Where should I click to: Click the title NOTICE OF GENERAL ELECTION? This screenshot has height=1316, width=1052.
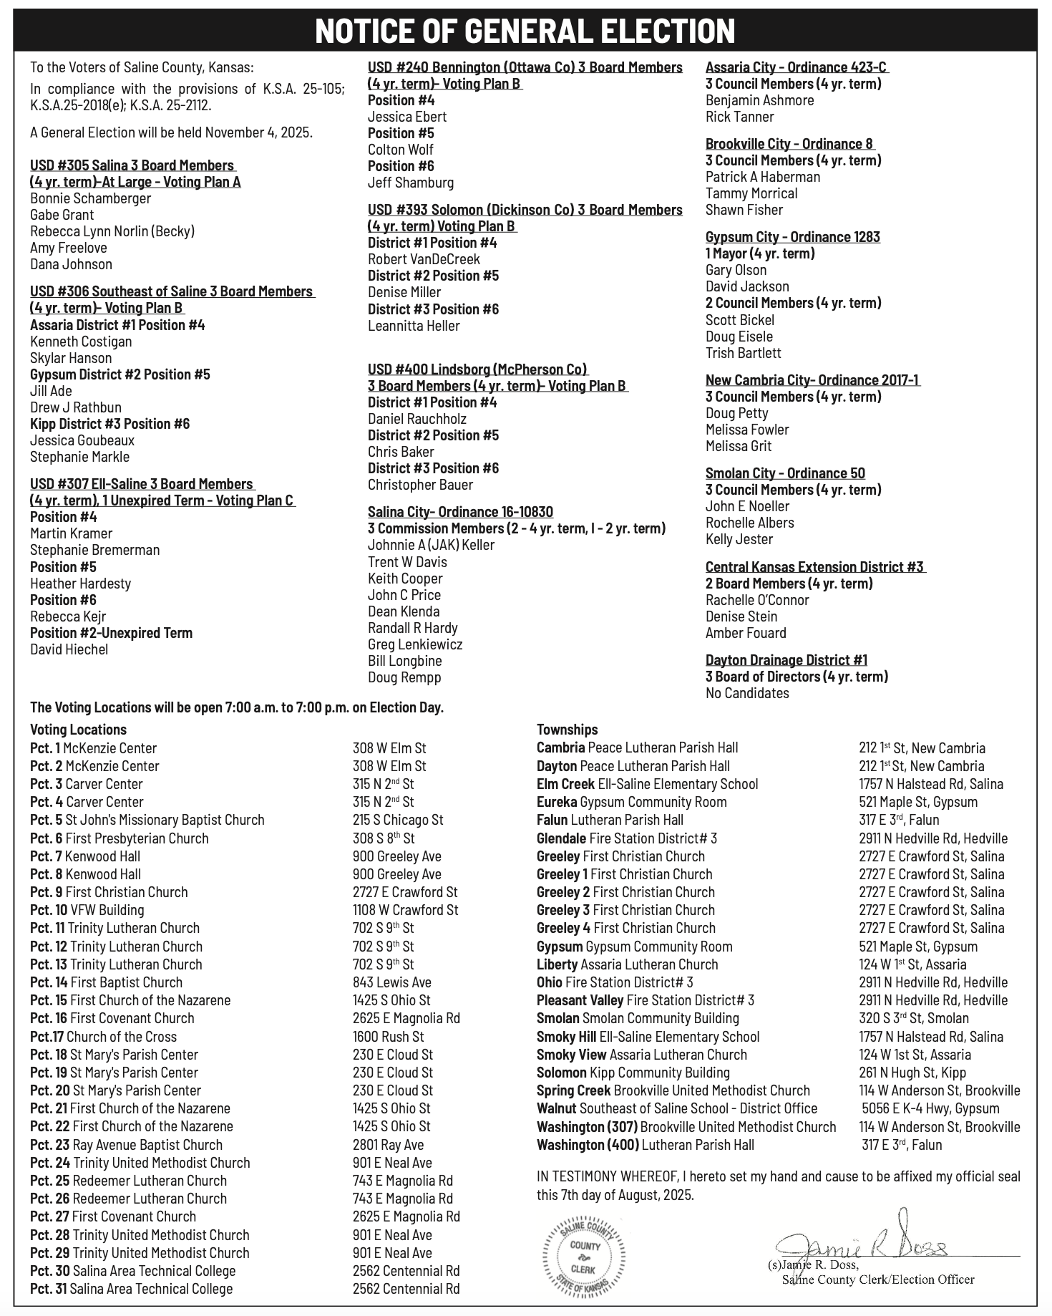point(525,31)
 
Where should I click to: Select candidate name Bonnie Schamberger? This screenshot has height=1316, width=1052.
point(91,198)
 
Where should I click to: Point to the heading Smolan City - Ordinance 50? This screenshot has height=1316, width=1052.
point(785,473)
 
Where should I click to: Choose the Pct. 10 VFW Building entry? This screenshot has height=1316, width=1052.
point(87,910)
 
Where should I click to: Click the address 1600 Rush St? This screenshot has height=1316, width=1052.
point(388,1036)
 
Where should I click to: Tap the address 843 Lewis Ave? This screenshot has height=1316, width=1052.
point(391,982)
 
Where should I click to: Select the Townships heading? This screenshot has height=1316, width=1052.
point(567,730)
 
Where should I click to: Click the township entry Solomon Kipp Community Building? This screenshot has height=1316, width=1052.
point(633,1073)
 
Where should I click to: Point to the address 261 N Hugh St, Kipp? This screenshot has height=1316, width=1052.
point(912,1073)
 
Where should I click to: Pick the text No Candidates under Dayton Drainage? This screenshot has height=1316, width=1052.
point(747,693)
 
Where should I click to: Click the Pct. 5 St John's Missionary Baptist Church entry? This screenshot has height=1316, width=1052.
point(147,820)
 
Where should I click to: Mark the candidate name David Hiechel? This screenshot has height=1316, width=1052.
point(69,649)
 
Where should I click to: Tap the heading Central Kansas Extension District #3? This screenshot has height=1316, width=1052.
point(814,567)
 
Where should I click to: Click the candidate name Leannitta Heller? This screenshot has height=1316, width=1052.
point(414,326)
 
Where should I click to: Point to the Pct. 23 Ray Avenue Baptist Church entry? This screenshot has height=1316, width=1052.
point(126,1145)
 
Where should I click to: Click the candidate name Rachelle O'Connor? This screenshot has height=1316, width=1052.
point(757,600)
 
